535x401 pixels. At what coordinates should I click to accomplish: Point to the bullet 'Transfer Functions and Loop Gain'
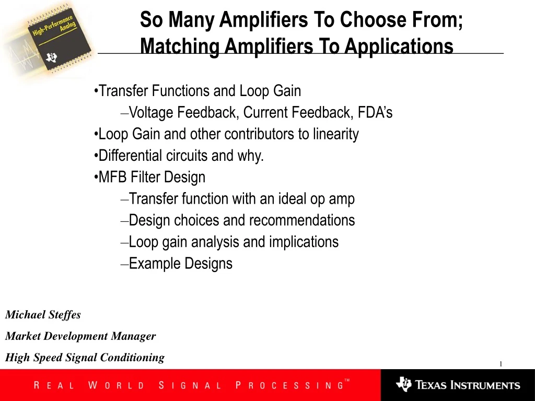click(x=199, y=91)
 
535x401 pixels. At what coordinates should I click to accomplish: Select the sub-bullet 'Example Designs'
click(x=180, y=264)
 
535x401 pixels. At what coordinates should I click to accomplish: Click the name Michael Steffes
click(x=43, y=314)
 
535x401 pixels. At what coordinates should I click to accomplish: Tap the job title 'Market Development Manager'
click(x=80, y=336)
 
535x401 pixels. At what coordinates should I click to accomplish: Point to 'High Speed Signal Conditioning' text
click(x=85, y=357)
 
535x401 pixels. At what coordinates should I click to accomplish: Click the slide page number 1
click(x=501, y=364)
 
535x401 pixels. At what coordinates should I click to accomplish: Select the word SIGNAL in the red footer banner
click(x=190, y=386)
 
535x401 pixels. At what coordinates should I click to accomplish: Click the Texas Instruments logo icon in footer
click(x=403, y=385)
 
